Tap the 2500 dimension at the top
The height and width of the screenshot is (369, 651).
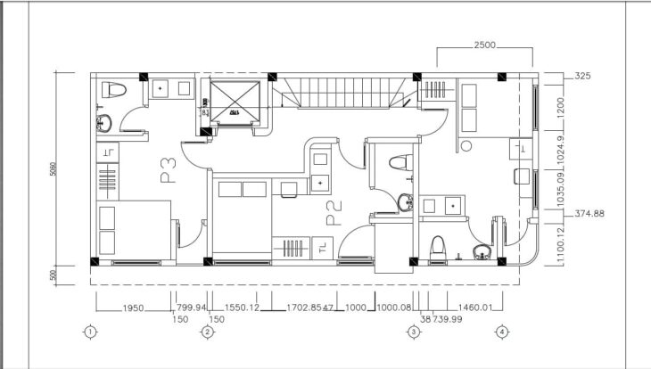484,45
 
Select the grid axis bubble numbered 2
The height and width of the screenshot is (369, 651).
207,332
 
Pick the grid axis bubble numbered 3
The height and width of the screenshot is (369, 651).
414,332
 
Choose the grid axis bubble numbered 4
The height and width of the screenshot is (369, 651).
502,332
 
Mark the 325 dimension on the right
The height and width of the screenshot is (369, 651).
585,77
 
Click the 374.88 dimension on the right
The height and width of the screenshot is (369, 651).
589,213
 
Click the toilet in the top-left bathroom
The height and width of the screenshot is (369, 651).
112,90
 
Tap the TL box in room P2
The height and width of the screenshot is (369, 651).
320,248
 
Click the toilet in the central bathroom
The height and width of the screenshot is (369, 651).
401,161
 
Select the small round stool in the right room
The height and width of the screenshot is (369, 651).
465,145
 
